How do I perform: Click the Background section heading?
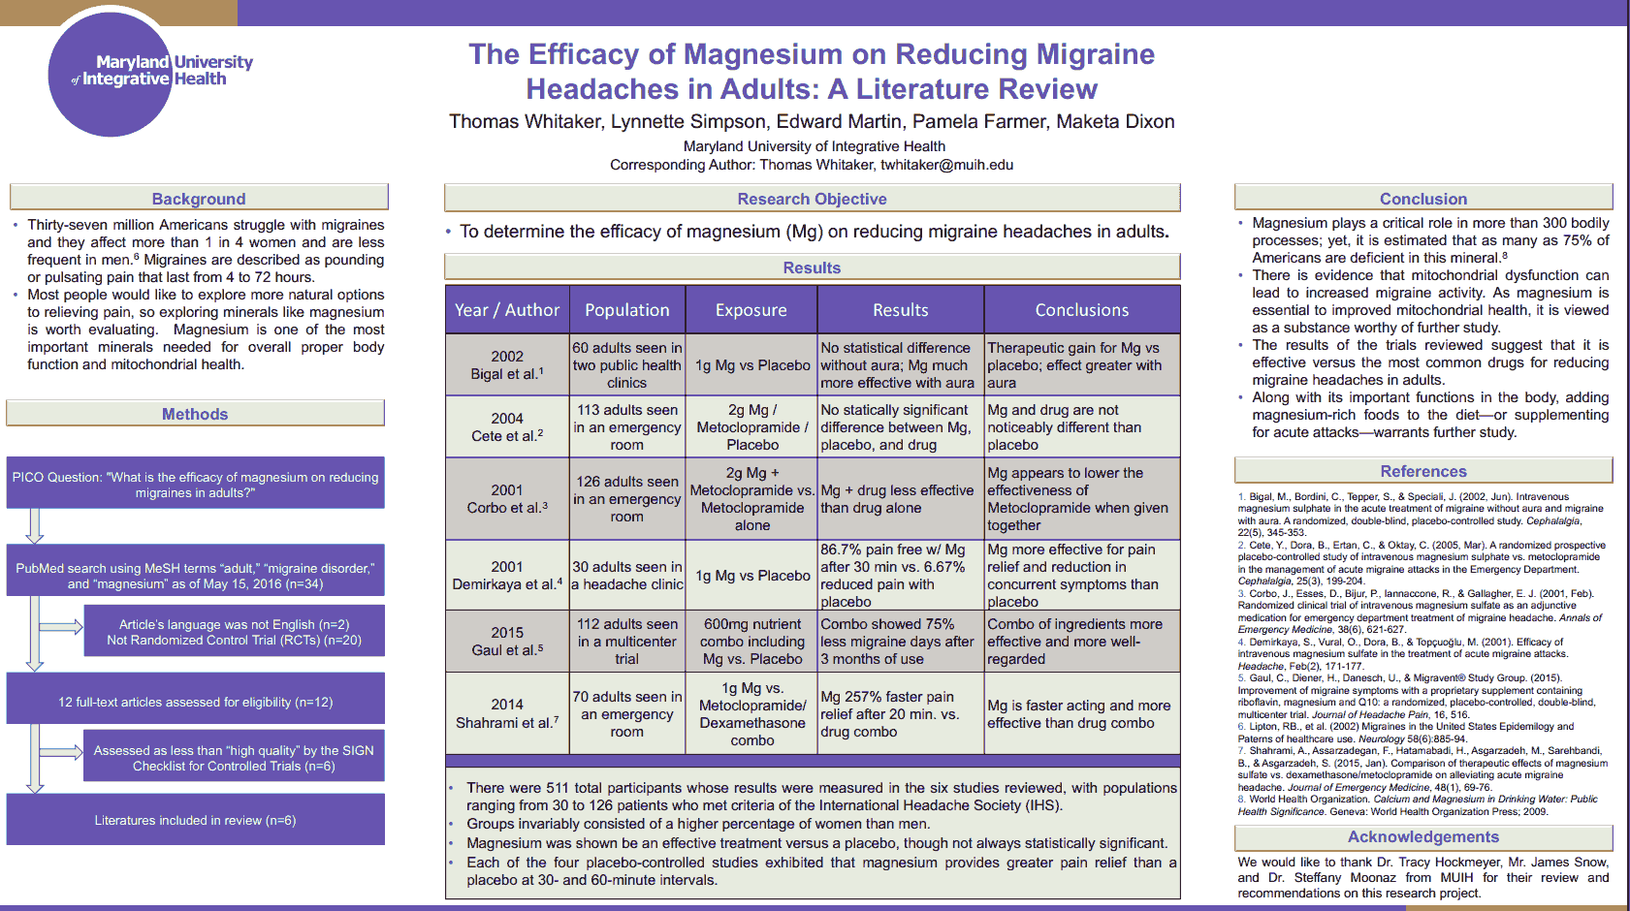point(199,199)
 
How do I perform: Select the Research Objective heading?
point(812,199)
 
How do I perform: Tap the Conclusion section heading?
point(1422,199)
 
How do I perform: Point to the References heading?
point(1422,471)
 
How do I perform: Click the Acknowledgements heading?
point(1422,836)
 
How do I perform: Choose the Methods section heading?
point(195,414)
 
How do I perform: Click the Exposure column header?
point(751,310)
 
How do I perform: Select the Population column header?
point(627,310)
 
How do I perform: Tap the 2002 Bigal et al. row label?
point(507,365)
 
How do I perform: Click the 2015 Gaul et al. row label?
point(507,641)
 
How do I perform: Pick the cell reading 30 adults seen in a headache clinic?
point(627,576)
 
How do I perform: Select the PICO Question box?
point(195,485)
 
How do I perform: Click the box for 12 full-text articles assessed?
point(195,702)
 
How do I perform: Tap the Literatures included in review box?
point(195,820)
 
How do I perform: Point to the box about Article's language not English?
point(234,632)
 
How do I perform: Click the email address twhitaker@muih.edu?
point(946,165)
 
